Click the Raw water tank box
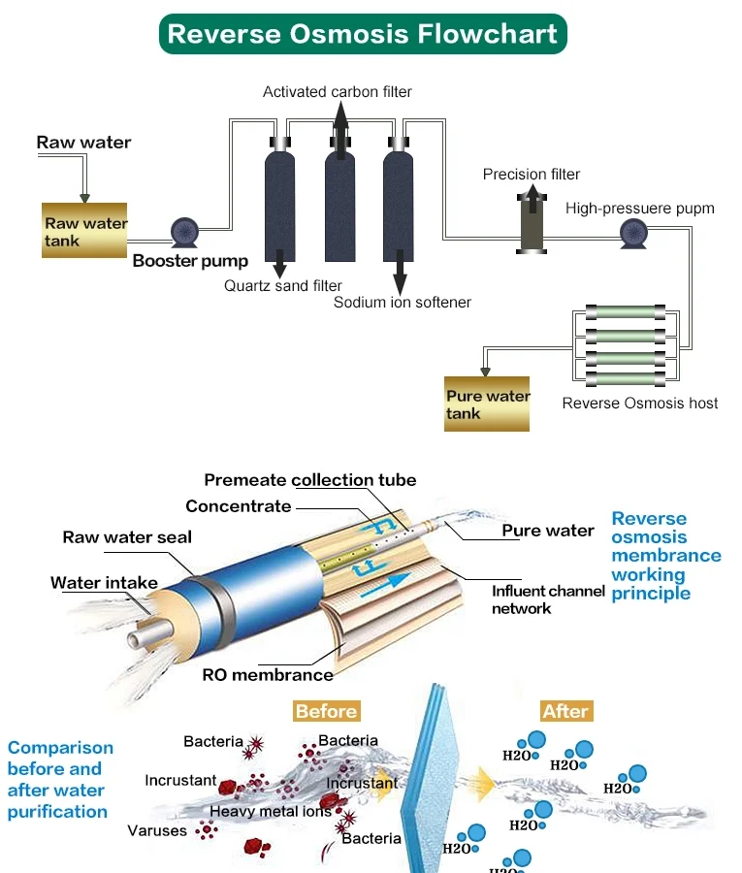[86, 230]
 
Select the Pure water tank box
[487, 404]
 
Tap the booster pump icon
[184, 231]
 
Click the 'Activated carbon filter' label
[337, 91]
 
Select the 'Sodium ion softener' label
[402, 302]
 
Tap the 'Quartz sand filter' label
[282, 285]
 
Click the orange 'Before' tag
[326, 711]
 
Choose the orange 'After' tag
[565, 711]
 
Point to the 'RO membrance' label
[267, 674]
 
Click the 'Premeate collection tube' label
[309, 480]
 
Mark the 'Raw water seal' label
[127, 536]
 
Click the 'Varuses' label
[157, 830]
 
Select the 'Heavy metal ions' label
[271, 811]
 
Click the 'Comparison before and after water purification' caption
[60, 779]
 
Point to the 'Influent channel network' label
[548, 599]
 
